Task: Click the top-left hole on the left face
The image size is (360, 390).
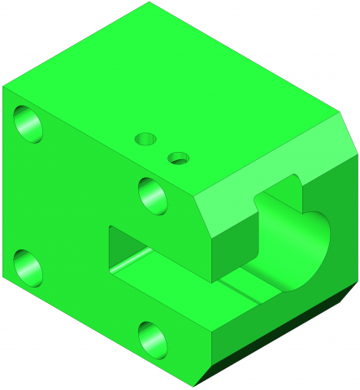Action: click(x=31, y=123)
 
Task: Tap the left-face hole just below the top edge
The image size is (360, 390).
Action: click(x=154, y=195)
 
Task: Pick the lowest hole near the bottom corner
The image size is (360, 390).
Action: click(x=154, y=340)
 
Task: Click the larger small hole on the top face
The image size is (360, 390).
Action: click(x=146, y=138)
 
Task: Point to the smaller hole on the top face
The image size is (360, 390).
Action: click(x=178, y=158)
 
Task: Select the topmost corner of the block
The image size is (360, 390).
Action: click(x=150, y=2)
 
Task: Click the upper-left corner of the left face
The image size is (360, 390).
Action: click(x=3, y=86)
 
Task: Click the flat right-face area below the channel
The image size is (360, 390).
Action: click(x=268, y=325)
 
